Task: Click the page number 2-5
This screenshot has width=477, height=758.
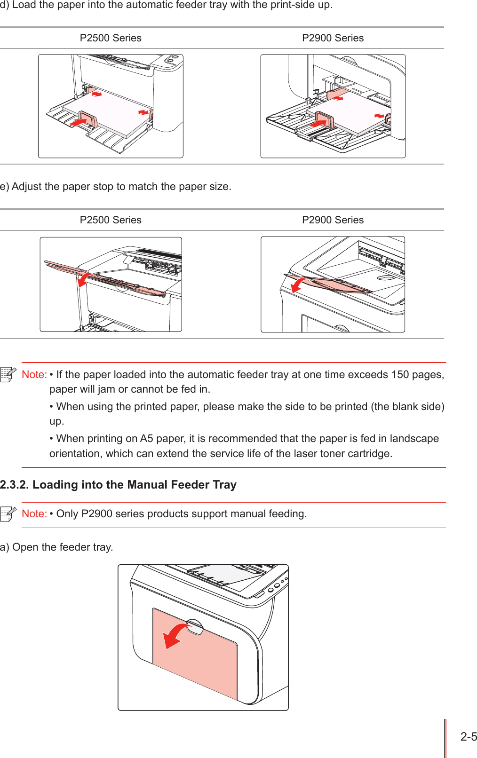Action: click(x=468, y=737)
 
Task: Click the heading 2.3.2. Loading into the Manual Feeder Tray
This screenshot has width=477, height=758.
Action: click(x=118, y=485)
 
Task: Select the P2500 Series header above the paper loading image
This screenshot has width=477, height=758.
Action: click(x=111, y=38)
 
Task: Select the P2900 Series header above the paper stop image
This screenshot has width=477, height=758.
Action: click(x=333, y=220)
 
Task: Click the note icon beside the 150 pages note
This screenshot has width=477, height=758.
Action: click(x=8, y=375)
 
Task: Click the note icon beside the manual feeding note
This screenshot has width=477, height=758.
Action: click(x=8, y=514)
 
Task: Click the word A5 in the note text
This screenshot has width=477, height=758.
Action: click(x=146, y=439)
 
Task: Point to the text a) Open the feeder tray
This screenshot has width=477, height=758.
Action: click(x=56, y=547)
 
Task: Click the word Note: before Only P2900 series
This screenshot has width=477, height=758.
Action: click(x=34, y=514)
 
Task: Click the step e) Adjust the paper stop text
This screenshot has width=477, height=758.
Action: click(x=116, y=187)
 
